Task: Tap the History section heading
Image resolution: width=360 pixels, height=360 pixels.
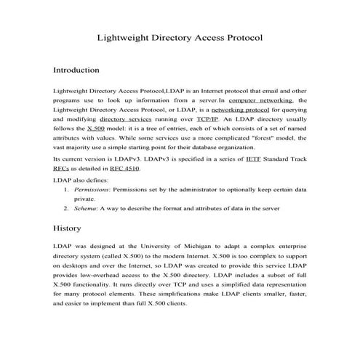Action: [69, 228]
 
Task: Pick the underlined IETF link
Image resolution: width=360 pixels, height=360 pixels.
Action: [233, 158]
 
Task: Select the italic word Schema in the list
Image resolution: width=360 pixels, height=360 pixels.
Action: [87, 207]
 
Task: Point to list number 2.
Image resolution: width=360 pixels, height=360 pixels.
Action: [66, 207]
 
